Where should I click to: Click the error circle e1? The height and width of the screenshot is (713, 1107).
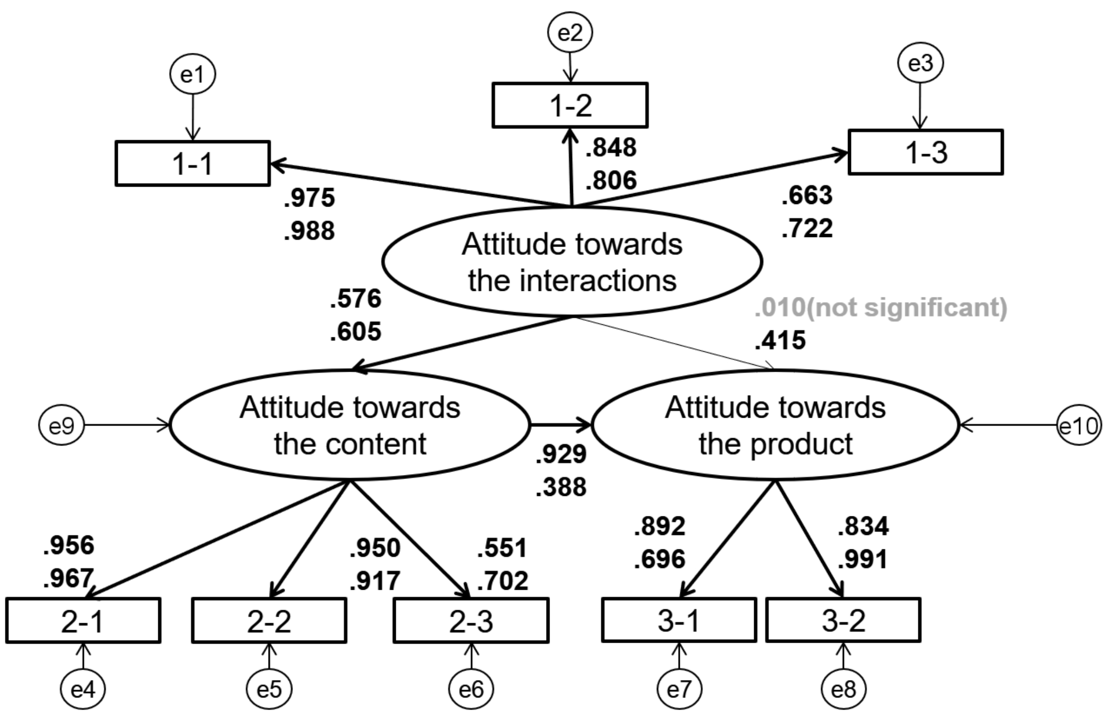tap(193, 74)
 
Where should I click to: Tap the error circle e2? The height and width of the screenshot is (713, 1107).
tap(570, 33)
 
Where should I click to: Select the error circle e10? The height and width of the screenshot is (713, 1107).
tap(1079, 426)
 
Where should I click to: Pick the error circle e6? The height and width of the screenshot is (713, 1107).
tap(471, 689)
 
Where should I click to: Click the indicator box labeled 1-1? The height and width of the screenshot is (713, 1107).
tap(193, 163)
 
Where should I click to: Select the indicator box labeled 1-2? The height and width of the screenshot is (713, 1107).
tap(570, 105)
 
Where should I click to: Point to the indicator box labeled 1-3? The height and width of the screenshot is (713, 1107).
tap(925, 152)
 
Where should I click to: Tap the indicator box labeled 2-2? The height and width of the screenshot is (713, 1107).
tap(269, 620)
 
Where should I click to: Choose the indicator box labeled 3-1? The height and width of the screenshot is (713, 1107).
tap(679, 620)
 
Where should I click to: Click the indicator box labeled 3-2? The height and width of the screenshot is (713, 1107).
tap(843, 620)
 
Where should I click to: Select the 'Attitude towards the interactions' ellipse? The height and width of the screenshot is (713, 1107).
tap(572, 261)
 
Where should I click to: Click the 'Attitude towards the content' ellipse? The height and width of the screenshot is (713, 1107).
tap(349, 425)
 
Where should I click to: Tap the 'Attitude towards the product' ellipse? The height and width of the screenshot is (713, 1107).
tap(775, 425)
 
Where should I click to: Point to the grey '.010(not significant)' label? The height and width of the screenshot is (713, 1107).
tap(880, 307)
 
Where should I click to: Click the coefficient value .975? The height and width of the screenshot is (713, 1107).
tap(309, 198)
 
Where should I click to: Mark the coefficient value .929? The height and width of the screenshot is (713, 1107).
tap(561, 454)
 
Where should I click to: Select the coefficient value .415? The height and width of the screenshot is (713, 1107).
tap(780, 340)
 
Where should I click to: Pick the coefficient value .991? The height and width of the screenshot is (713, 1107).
tap(863, 559)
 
